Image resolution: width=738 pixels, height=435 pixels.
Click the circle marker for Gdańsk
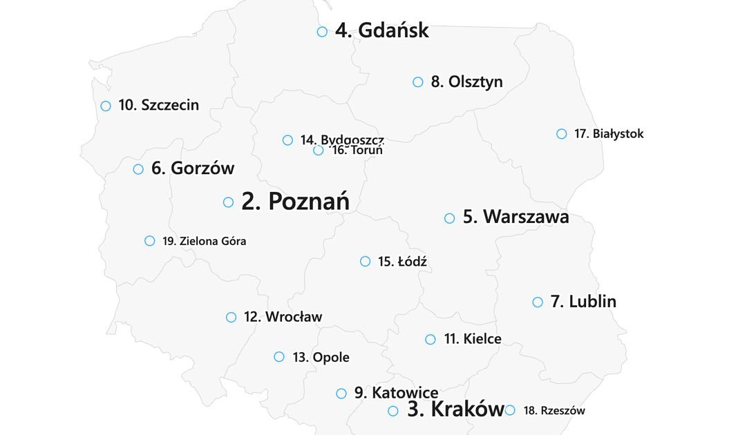click(x=322, y=32)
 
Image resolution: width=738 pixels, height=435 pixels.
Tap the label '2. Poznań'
click(x=295, y=202)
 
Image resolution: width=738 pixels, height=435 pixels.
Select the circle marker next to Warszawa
click(x=449, y=218)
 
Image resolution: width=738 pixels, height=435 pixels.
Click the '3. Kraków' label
click(x=455, y=409)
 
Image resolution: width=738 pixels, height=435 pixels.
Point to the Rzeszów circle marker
click(x=510, y=410)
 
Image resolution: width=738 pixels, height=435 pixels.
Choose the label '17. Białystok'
click(x=609, y=134)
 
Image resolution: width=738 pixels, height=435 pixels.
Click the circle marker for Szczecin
click(x=106, y=106)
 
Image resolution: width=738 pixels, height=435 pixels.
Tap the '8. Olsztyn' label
click(x=466, y=81)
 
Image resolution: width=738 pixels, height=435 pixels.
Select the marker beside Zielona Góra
click(x=150, y=241)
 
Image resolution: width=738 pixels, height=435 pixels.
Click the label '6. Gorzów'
click(x=193, y=168)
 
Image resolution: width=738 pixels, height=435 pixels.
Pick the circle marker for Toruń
click(x=318, y=151)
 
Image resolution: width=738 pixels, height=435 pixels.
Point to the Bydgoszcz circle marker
click(x=288, y=140)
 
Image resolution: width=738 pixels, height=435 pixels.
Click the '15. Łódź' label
click(x=402, y=261)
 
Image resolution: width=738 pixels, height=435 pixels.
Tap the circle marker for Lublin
click(x=538, y=302)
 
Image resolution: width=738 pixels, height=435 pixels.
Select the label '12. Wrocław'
click(x=283, y=317)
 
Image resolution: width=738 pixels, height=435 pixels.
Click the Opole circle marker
click(x=279, y=357)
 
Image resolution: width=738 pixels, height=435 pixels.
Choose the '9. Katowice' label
click(x=396, y=393)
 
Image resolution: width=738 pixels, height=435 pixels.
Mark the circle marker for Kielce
click(x=430, y=339)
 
